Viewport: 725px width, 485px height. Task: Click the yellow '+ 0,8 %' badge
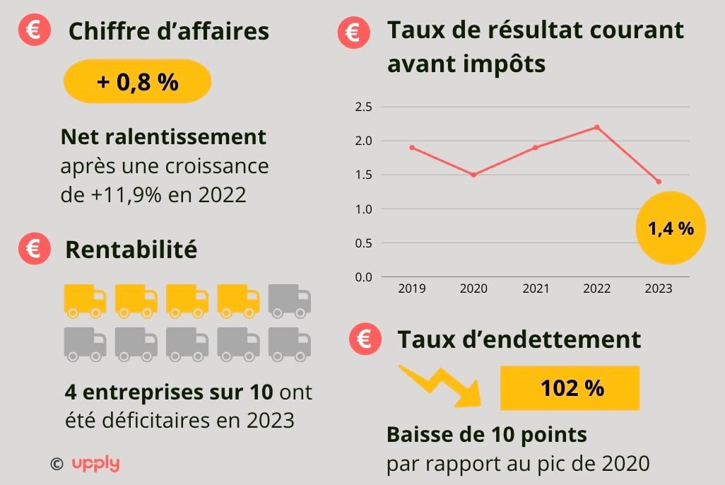(137, 81)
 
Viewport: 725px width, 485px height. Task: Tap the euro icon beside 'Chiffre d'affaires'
(35, 32)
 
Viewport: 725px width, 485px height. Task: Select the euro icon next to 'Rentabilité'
(35, 249)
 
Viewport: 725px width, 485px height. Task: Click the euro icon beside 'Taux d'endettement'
(365, 339)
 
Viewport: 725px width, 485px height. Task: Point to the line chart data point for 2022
(597, 127)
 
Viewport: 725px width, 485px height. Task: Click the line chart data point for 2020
(473, 175)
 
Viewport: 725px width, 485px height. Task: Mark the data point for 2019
(412, 148)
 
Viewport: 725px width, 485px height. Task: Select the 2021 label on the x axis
(535, 288)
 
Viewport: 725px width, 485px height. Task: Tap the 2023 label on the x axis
(658, 288)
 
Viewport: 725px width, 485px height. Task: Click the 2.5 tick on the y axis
(362, 107)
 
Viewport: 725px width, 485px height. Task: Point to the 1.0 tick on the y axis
(362, 209)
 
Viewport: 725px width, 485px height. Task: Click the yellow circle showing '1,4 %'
(671, 228)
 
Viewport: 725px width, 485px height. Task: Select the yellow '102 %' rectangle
(570, 388)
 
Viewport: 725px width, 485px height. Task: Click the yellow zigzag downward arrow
(440, 387)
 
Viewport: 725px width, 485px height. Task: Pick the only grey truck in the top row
(290, 300)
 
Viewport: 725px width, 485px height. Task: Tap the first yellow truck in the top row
(85, 300)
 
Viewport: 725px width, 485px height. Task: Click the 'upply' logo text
(95, 464)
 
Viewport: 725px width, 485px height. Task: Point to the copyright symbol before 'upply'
(57, 464)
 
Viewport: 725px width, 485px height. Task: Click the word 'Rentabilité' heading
(131, 250)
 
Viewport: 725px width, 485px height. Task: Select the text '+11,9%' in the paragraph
(125, 194)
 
